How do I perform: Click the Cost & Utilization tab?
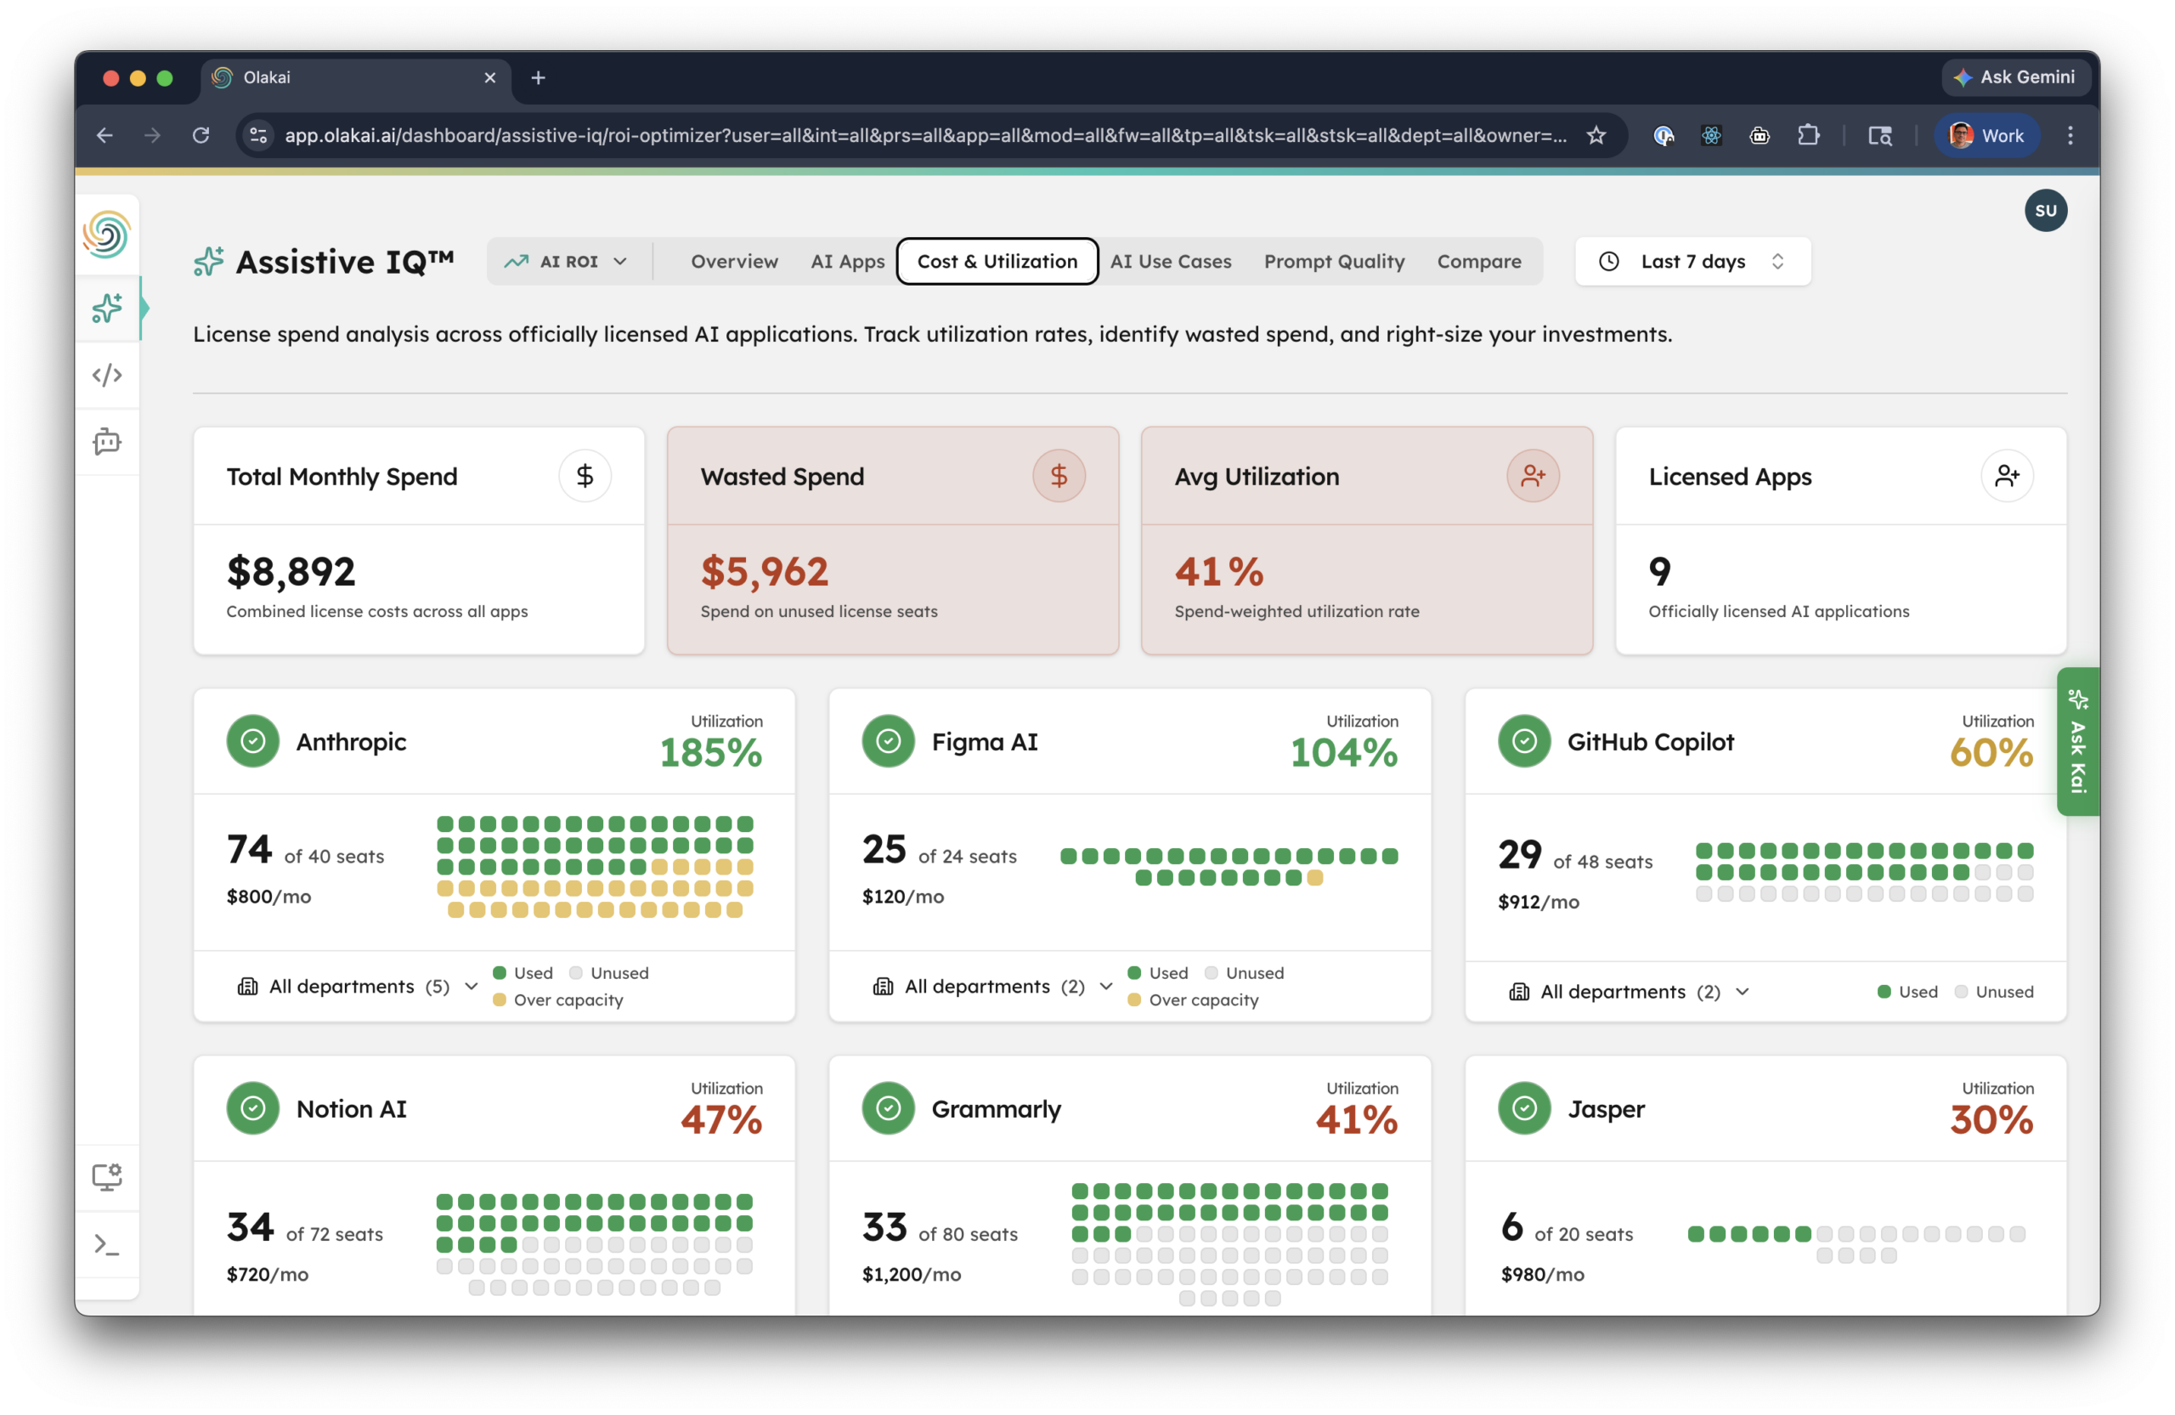point(997,262)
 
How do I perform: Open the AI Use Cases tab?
point(1171,262)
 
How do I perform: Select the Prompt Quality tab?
point(1334,262)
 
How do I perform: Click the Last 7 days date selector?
point(1692,262)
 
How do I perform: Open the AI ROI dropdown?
point(567,262)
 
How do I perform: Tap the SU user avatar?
point(2045,210)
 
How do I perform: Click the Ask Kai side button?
point(2077,741)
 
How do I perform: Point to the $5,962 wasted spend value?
point(764,572)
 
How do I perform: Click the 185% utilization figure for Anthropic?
point(710,753)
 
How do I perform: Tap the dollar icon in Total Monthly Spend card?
point(585,475)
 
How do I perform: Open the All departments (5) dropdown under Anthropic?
point(358,987)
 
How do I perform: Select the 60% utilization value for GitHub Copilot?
point(1991,753)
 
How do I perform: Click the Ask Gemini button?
point(2015,77)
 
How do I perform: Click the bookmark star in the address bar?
point(1596,135)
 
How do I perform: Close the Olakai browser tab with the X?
point(490,77)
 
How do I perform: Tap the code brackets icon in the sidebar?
point(107,375)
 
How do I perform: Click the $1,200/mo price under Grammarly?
point(911,1274)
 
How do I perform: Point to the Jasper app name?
point(1606,1109)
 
